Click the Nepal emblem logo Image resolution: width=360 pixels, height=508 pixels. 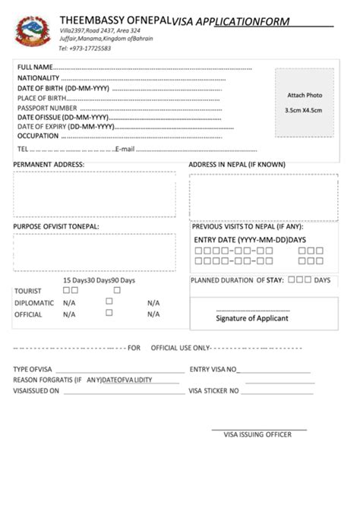point(33,32)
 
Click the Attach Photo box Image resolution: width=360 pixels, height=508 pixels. point(304,103)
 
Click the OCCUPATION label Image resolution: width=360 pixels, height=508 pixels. point(38,136)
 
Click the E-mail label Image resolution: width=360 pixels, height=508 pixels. point(125,148)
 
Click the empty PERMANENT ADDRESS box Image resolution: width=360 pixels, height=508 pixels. point(94,194)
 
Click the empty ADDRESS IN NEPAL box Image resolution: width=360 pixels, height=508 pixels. point(263,197)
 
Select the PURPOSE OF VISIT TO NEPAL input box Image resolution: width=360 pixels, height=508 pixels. point(94,252)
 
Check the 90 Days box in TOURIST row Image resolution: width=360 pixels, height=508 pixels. point(117,290)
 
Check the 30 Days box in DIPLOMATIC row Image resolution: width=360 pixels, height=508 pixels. point(109,301)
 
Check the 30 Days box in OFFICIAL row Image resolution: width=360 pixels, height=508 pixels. point(109,313)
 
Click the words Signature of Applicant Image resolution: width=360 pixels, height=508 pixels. point(252,318)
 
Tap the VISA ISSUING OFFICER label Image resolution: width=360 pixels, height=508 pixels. point(258,435)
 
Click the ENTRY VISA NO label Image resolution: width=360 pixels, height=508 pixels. point(213,370)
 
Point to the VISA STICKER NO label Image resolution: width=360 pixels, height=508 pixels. point(214,391)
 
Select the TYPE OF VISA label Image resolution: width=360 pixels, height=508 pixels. point(32,370)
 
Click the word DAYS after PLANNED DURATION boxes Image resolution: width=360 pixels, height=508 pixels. point(322,280)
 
